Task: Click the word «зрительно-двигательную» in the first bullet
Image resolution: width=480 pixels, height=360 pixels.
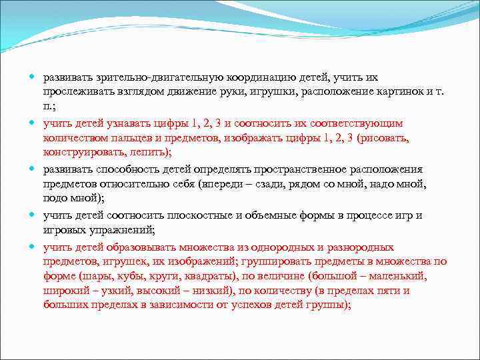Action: pos(143,77)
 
